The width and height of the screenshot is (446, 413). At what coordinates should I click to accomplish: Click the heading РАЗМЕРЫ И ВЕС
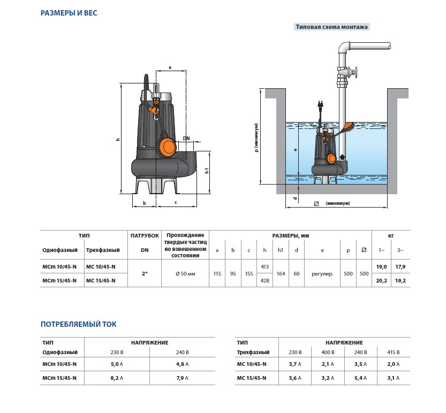point(69,13)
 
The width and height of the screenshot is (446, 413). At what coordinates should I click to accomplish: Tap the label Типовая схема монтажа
point(331,27)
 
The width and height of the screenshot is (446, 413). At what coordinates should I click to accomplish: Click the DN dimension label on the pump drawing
point(186,139)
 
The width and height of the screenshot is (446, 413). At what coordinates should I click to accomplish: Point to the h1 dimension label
point(207,171)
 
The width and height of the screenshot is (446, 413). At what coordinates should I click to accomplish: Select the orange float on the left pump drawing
point(167,148)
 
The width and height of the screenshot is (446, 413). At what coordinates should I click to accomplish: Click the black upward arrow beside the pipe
point(342,157)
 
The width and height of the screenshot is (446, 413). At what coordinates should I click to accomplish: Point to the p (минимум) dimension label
point(256,137)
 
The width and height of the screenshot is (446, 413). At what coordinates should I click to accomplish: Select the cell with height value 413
point(264,266)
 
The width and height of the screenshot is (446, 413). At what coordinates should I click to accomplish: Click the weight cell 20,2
point(381,280)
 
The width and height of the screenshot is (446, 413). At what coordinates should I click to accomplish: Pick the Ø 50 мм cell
point(185,274)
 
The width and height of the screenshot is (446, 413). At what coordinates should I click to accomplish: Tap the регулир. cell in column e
point(322,274)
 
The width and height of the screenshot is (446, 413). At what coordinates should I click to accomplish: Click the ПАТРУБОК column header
point(145,235)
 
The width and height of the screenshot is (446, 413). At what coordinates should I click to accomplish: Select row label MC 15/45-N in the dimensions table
point(101,280)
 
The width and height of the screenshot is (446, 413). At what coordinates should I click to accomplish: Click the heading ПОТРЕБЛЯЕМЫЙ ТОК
point(79,324)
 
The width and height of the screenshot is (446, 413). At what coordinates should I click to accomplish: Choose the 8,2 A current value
point(117,378)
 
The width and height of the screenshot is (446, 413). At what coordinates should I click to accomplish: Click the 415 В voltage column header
point(394,352)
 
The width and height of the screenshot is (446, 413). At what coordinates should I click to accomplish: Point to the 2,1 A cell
point(328,364)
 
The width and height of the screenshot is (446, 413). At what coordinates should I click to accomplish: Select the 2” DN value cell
point(145,274)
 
